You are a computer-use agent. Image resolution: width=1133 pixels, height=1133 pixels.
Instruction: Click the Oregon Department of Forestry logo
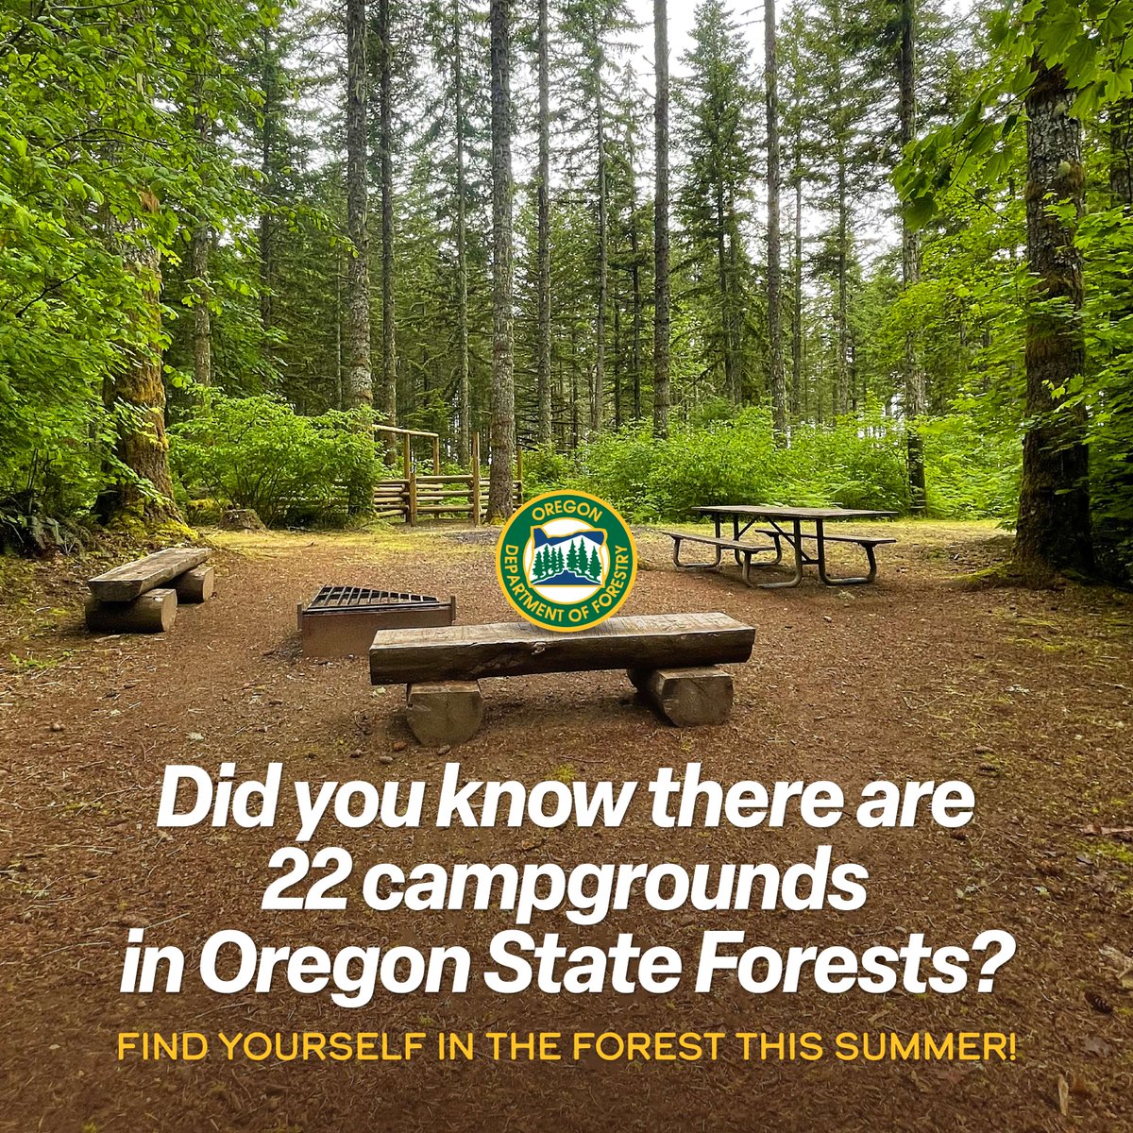point(566,561)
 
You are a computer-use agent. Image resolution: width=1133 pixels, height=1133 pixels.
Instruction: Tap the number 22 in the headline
point(305,887)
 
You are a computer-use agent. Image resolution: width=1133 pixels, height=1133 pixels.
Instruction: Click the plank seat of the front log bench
point(561,647)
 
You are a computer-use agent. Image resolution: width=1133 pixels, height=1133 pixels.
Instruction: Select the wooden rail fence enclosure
point(444,491)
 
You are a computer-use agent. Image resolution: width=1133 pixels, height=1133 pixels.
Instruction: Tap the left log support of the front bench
point(444,710)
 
